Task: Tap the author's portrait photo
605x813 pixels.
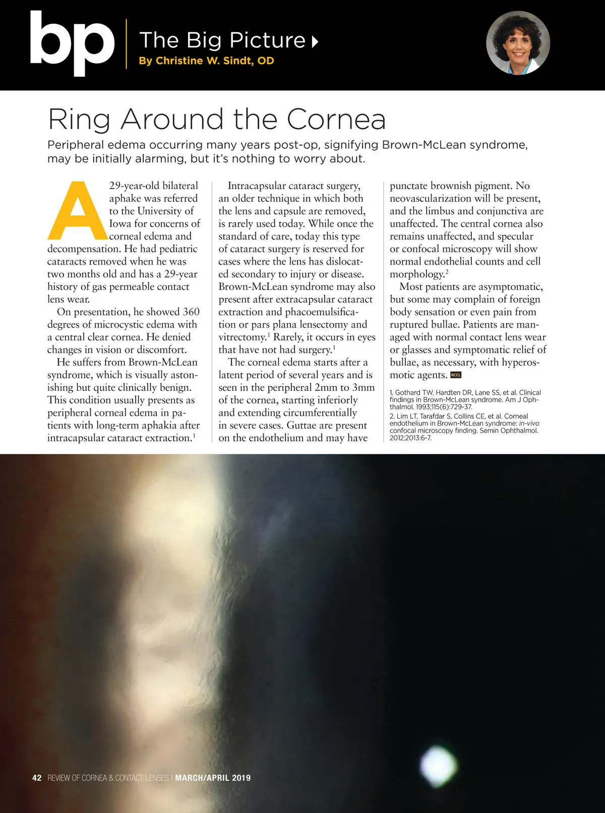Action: pos(518,43)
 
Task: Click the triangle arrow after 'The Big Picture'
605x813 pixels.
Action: pos(315,41)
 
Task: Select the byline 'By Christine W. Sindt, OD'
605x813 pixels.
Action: pos(206,61)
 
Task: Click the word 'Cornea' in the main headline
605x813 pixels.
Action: pos(336,119)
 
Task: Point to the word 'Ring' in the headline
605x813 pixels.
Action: pos(79,120)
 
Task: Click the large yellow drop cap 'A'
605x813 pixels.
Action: pos(77,210)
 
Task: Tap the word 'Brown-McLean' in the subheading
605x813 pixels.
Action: pos(423,145)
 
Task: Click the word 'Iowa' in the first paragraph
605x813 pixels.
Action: pos(120,223)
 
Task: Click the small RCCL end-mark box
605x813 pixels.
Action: pos(456,375)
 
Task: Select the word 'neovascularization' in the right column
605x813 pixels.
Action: pos(434,198)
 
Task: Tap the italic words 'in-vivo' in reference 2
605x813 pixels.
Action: pos(529,423)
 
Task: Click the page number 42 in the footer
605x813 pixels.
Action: pos(37,778)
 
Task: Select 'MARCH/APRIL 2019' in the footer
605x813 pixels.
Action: pos(213,778)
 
